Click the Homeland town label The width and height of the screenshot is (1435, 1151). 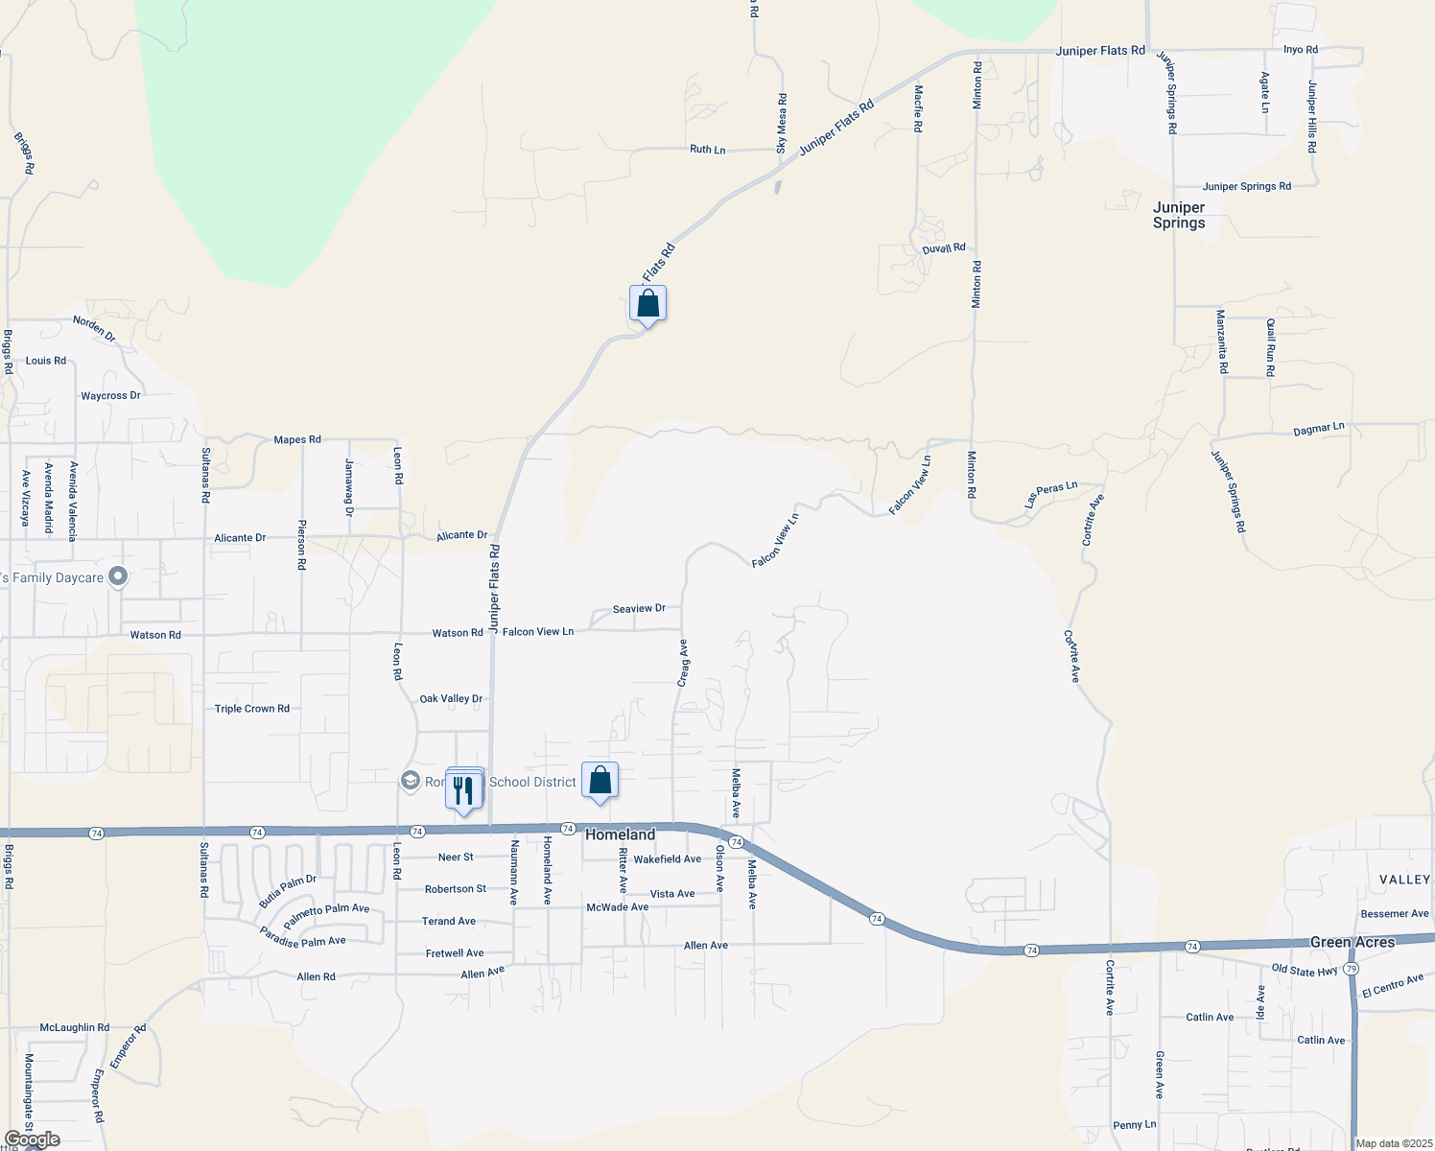pyautogui.click(x=620, y=834)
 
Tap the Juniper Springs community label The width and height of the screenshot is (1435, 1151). pyautogui.click(x=1179, y=215)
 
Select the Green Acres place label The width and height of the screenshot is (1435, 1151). pyautogui.click(x=1352, y=943)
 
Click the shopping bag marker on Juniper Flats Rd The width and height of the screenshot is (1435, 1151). pyautogui.click(x=647, y=304)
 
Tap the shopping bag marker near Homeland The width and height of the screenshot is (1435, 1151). pyautogui.click(x=600, y=781)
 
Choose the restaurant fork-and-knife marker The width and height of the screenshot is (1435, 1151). pyautogui.click(x=464, y=790)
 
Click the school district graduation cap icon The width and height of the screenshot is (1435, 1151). pyautogui.click(x=411, y=781)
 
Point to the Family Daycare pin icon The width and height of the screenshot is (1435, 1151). pyautogui.click(x=118, y=576)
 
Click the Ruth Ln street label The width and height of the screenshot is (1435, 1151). pyautogui.click(x=707, y=150)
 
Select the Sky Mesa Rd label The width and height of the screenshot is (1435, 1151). pyautogui.click(x=782, y=124)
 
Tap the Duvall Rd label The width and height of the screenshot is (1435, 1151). pyautogui.click(x=943, y=248)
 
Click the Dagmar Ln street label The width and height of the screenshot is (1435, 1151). pyautogui.click(x=1318, y=429)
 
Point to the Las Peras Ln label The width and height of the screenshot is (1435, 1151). pyautogui.click(x=1050, y=494)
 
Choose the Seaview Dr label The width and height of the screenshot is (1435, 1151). pyautogui.click(x=639, y=609)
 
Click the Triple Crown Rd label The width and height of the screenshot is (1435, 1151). pyautogui.click(x=251, y=709)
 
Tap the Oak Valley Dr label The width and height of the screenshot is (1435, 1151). pyautogui.click(x=451, y=699)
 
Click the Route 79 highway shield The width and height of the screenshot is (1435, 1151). pyautogui.click(x=1351, y=969)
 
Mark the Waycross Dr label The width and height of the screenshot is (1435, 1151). pyautogui.click(x=110, y=395)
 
